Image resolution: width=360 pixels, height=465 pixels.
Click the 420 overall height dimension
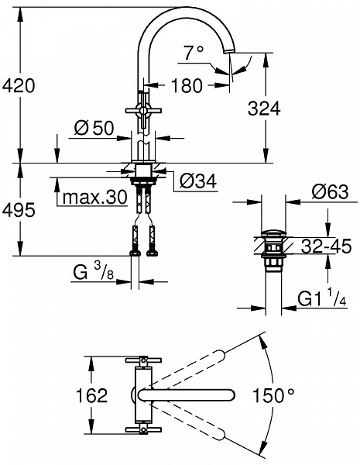click(x=19, y=85)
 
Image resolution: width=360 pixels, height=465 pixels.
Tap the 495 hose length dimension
click(x=19, y=210)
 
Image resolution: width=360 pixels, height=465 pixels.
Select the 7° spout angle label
click(x=194, y=53)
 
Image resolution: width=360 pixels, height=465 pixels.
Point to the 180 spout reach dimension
click(x=187, y=85)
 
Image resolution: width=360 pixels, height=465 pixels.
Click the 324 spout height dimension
click(x=264, y=108)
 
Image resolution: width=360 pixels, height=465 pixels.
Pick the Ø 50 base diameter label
click(x=94, y=129)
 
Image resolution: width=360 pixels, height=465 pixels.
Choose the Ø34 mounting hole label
click(x=198, y=181)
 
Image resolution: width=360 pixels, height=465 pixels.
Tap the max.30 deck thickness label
click(x=94, y=197)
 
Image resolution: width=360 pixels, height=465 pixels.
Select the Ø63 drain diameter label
click(x=330, y=191)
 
